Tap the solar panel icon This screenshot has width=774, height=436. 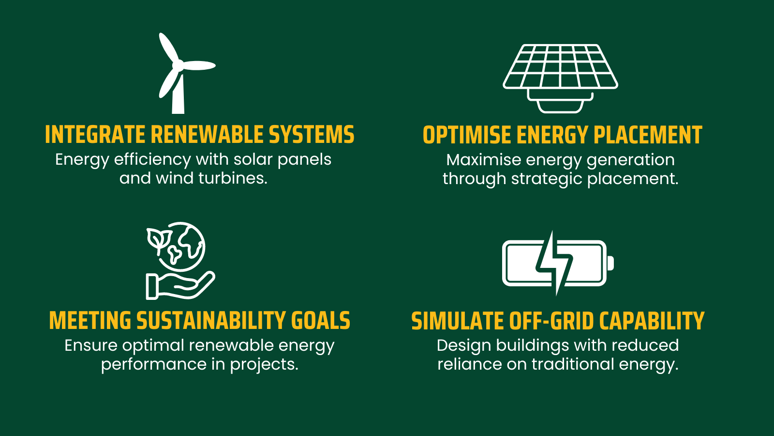(560, 79)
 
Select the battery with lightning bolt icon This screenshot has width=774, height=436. (558, 264)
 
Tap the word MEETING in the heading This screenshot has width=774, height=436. (90, 320)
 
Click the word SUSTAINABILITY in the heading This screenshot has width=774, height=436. (211, 320)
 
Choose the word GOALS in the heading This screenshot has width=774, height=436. (321, 320)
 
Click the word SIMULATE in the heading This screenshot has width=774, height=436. (457, 320)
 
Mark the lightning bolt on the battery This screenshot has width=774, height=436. (554, 264)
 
